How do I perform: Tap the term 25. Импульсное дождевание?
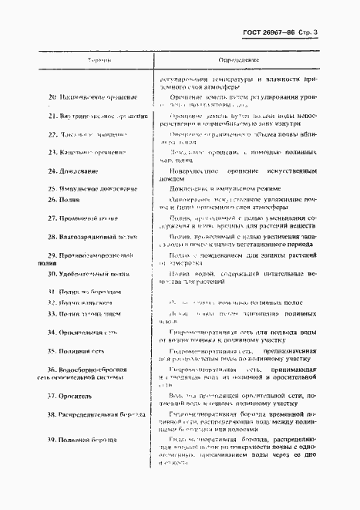92,189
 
